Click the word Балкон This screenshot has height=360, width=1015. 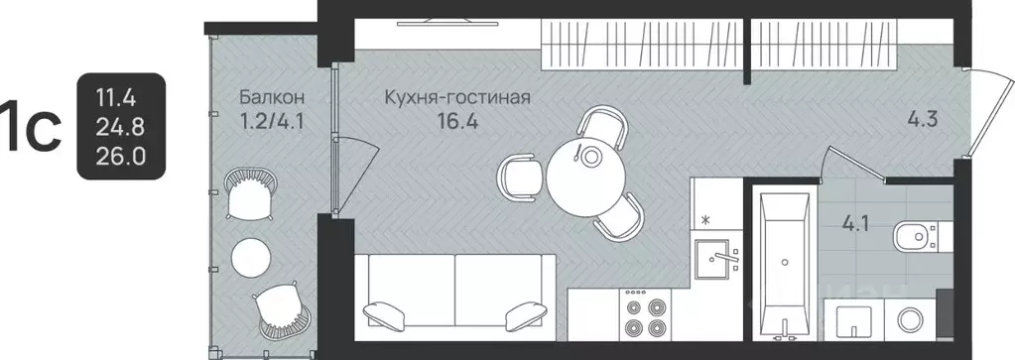click(x=270, y=98)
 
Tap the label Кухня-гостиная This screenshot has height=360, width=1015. click(x=458, y=98)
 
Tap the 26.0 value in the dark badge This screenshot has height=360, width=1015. click(x=119, y=157)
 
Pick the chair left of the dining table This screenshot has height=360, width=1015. click(x=520, y=177)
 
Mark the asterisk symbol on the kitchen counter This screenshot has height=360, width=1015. click(x=705, y=218)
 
